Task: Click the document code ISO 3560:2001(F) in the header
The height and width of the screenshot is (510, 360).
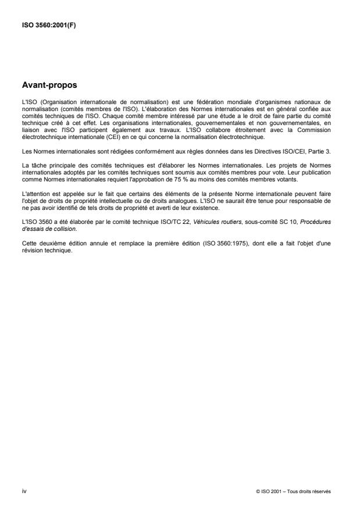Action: pos(42,25)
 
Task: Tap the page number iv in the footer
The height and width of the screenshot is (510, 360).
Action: pos(23,491)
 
